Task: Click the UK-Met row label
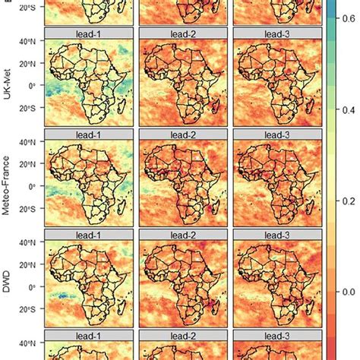(x=8, y=81)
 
